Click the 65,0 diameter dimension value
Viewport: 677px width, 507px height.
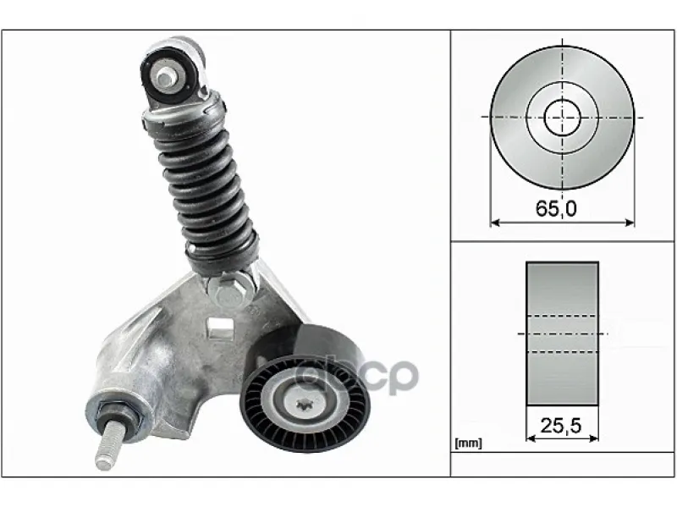pyautogui.click(x=556, y=209)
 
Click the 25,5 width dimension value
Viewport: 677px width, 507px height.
pyautogui.click(x=561, y=426)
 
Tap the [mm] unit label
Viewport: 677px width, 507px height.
pyautogui.click(x=469, y=443)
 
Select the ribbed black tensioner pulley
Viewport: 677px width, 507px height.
pyautogui.click(x=305, y=404)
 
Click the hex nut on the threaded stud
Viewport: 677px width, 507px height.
pyautogui.click(x=117, y=416)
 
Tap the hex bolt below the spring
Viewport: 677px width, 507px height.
pyautogui.click(x=228, y=290)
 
